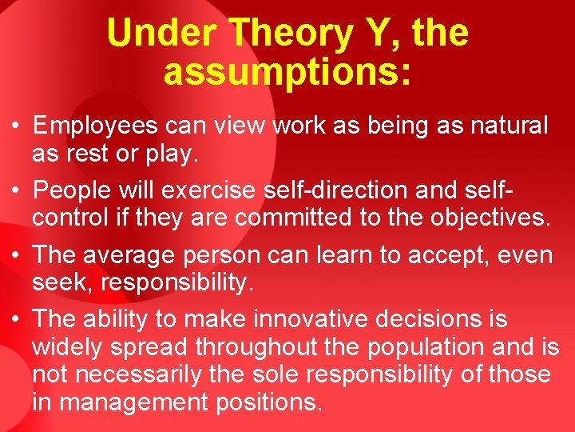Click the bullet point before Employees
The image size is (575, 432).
pyautogui.click(x=16, y=126)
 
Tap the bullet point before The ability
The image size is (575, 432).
pyautogui.click(x=16, y=319)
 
